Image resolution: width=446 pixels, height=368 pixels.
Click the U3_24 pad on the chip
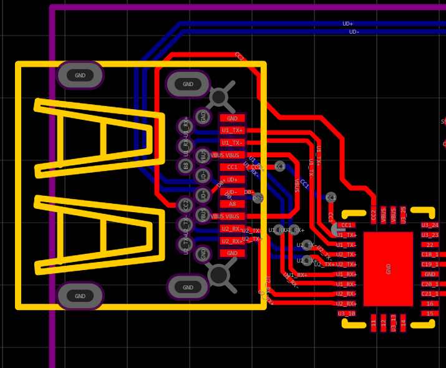[430, 225]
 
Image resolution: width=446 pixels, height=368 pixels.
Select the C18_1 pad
[430, 254]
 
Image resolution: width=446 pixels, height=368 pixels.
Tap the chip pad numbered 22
[430, 245]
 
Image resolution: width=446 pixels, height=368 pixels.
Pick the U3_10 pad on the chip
[346, 314]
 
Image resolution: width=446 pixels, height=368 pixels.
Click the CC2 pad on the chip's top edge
[374, 215]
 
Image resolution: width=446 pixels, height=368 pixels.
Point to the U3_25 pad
[403, 215]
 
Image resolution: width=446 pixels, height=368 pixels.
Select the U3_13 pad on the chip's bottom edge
[394, 322]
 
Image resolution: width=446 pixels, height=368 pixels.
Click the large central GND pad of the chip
[388, 269]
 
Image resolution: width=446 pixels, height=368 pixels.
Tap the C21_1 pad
[430, 294]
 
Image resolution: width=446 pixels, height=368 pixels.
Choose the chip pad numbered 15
[430, 314]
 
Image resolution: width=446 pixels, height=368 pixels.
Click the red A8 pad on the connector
[232, 204]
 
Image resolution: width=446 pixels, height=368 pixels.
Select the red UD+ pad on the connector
[232, 180]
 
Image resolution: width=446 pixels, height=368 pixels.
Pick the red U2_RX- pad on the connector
[232, 229]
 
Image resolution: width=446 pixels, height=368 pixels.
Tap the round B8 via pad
[185, 166]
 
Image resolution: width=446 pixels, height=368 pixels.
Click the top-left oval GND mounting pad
[80, 75]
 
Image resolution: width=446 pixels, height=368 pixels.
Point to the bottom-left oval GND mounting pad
[80, 296]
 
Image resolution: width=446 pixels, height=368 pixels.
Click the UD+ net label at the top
[347, 24]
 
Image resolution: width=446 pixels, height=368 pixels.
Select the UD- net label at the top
[354, 32]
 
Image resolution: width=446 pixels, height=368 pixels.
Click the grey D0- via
[258, 198]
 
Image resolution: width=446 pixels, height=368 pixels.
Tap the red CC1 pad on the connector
[232, 167]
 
